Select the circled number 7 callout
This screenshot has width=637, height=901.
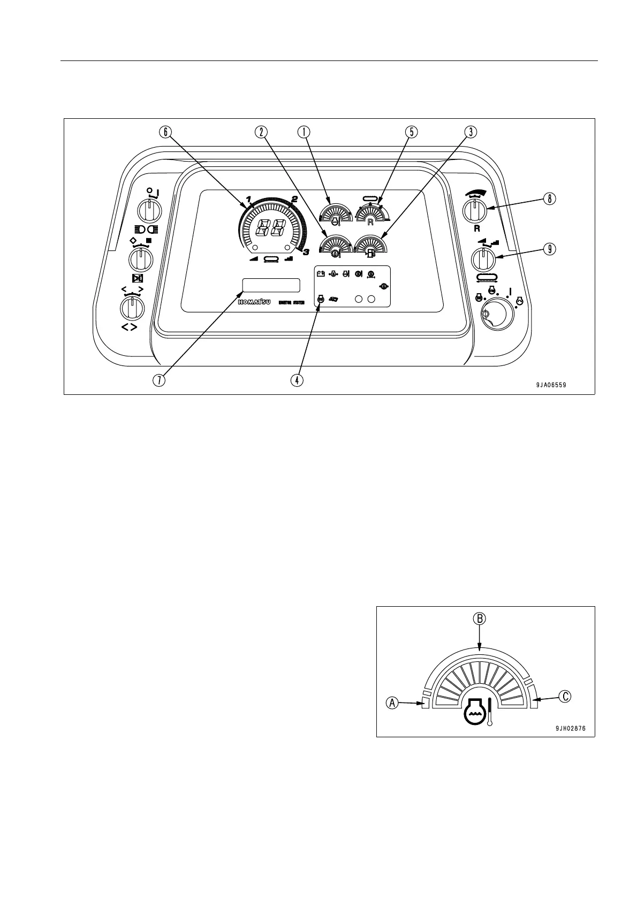point(159,380)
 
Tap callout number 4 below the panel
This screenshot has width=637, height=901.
point(297,380)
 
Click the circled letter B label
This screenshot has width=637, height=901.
point(480,619)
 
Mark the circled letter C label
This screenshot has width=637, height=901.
point(565,697)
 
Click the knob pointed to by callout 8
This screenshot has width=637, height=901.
point(473,210)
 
